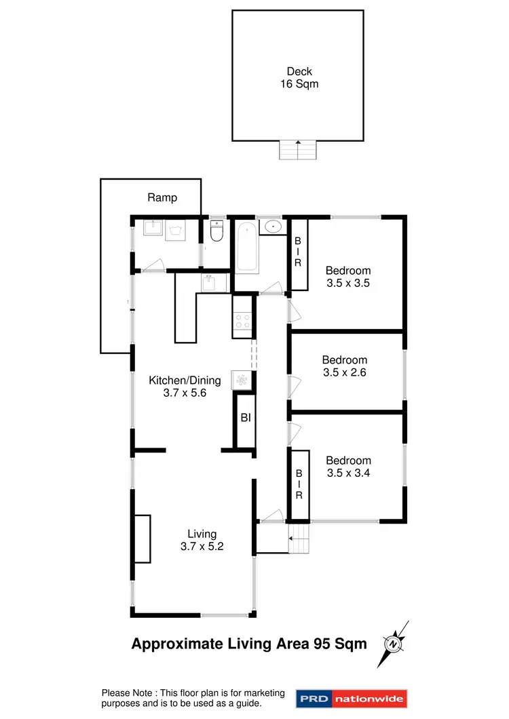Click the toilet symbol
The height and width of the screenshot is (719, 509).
[216, 233]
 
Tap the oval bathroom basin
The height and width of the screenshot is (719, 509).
[273, 226]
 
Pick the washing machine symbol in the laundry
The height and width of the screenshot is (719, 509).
[177, 231]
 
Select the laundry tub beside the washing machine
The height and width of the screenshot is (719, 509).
[153, 230]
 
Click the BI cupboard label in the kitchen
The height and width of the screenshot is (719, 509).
[245, 418]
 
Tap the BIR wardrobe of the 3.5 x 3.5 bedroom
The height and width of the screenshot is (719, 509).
[297, 252]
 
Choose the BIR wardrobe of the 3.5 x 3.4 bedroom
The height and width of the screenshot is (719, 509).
[299, 484]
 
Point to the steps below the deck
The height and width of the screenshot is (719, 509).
[298, 149]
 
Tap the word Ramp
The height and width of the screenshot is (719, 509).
[162, 198]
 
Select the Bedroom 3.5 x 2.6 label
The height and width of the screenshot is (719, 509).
[345, 366]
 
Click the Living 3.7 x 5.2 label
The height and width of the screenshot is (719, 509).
[202, 541]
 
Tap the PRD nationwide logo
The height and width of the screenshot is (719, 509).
[350, 698]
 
